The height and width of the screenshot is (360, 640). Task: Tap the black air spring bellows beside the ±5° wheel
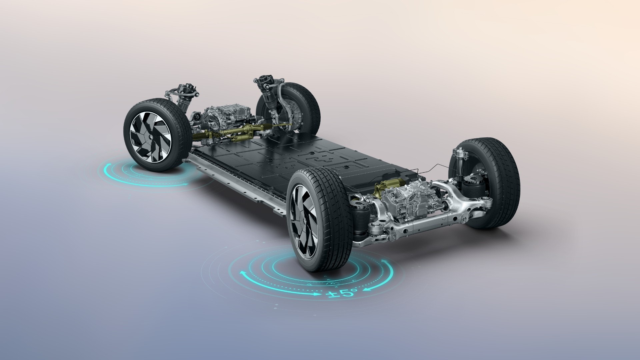[360, 218]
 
